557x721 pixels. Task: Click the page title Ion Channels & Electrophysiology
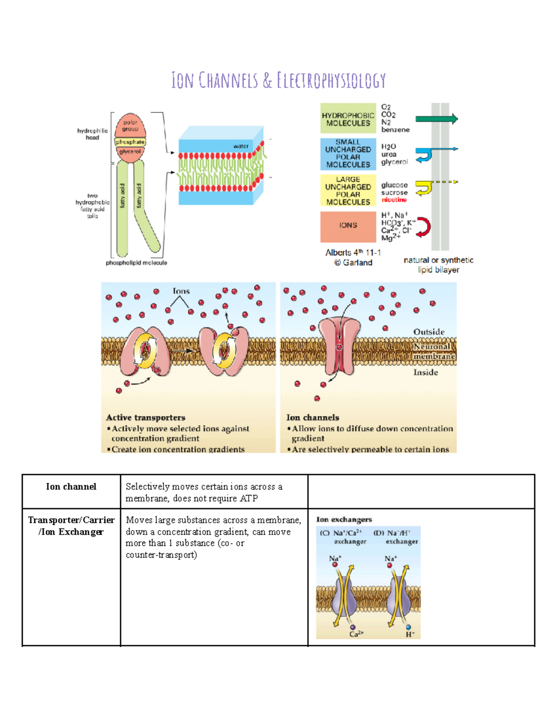point(278,80)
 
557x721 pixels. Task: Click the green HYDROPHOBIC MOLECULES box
point(348,119)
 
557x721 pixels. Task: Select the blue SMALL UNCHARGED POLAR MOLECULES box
point(348,154)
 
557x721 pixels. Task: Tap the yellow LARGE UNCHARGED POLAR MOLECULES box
point(348,190)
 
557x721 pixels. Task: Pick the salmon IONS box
point(348,226)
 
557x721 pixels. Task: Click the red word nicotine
point(394,200)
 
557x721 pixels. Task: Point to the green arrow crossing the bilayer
point(436,119)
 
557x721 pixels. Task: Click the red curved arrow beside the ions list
point(423,227)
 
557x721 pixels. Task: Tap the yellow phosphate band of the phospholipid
point(130,142)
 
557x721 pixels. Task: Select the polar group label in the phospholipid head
point(130,126)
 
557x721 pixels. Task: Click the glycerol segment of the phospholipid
point(130,152)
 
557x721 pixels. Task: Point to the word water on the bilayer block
point(240,146)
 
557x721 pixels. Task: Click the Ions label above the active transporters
point(181,291)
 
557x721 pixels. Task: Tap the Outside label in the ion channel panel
point(428,332)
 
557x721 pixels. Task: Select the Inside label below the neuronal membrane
point(425,372)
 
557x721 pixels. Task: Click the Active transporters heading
point(145,417)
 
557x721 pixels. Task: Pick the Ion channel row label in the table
point(71,487)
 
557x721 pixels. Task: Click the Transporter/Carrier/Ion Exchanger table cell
point(71,526)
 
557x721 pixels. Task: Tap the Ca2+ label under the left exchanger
point(356,634)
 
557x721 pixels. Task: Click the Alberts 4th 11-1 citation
point(353,253)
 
